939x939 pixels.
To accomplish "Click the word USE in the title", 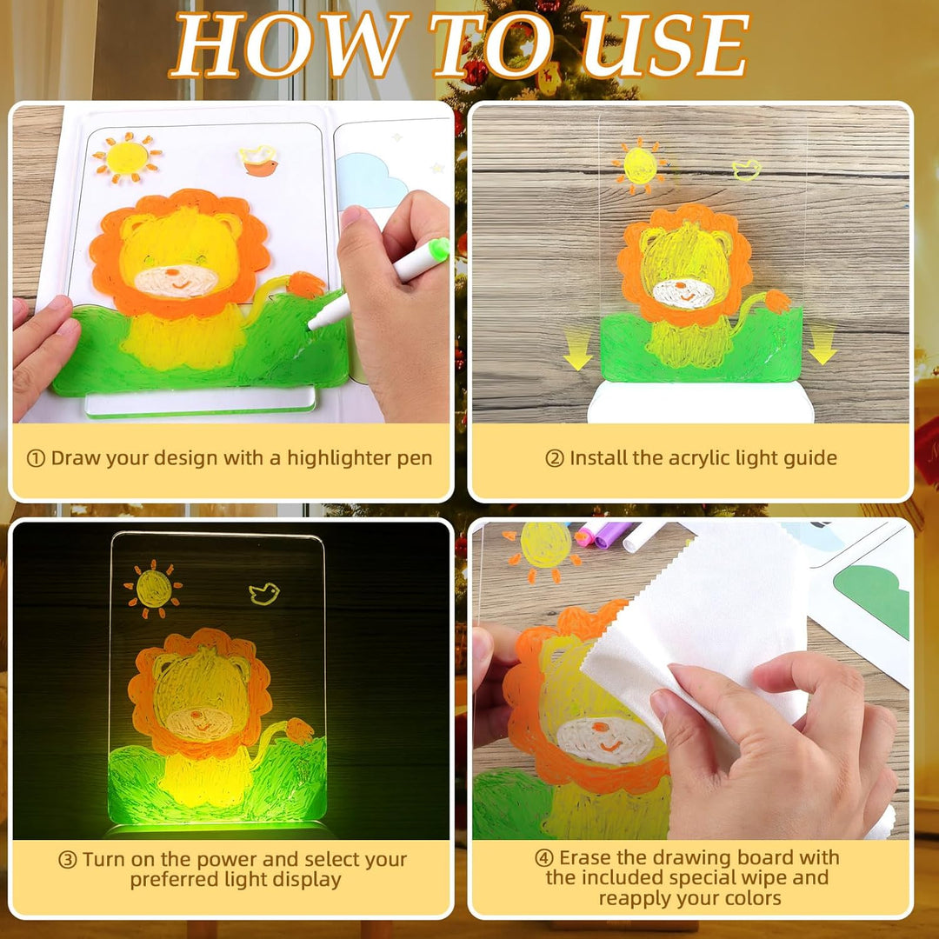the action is (664, 45).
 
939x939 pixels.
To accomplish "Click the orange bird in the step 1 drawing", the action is (259, 161).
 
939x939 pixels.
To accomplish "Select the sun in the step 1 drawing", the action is (126, 157).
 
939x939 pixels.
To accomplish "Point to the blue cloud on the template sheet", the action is (371, 180).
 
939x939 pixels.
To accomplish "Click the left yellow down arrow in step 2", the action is (577, 349).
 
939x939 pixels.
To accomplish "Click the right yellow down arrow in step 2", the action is (822, 343).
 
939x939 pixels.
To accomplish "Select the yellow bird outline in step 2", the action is (746, 170).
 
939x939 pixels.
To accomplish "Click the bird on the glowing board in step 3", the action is (264, 594).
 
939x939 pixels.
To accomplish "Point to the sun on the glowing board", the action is (153, 589).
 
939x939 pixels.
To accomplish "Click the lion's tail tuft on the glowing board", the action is (299, 730).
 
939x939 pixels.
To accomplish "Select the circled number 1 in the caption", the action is (36, 459).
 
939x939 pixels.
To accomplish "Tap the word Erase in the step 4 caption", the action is (586, 857).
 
